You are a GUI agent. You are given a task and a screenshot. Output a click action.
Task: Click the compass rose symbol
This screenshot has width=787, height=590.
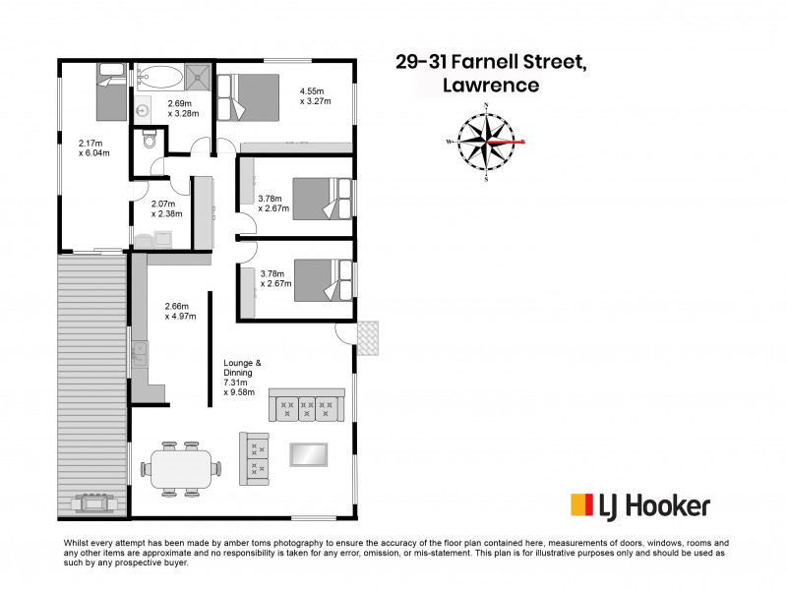[x=487, y=142]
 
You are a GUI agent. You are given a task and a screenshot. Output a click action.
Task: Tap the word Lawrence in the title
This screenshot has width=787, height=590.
[x=491, y=86]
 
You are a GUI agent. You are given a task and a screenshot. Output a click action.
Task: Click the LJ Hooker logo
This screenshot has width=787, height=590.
[x=640, y=505]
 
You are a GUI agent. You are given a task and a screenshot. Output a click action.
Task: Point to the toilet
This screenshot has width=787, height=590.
[x=150, y=141]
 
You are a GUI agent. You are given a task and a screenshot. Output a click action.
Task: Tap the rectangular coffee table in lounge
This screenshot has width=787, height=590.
[x=308, y=454]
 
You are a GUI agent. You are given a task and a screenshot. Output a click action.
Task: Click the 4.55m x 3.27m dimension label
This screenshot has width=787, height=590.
[x=315, y=95]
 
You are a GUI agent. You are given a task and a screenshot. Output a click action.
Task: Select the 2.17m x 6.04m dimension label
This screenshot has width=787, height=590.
[x=93, y=147]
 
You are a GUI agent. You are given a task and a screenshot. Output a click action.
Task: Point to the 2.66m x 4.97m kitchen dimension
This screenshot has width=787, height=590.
[x=180, y=311]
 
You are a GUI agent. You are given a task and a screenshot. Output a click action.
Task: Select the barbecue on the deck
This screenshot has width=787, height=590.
[x=95, y=502]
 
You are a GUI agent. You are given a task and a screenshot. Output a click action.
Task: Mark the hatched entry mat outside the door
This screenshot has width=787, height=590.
[x=366, y=336]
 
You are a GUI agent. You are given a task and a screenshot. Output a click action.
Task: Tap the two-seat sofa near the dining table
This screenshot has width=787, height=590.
[x=254, y=457]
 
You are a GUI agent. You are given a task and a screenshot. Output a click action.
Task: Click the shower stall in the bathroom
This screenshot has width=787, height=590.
[x=199, y=76]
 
